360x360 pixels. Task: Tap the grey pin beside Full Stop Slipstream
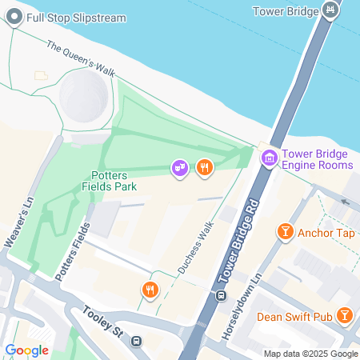coord(12,17)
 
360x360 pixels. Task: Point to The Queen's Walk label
coord(81,58)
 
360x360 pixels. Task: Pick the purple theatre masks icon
coord(180,167)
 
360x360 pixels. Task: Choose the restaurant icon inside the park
coord(205,167)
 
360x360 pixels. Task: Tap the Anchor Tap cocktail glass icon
coord(284,233)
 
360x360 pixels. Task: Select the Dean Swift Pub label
coord(294,316)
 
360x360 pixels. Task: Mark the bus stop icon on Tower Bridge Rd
coord(220,297)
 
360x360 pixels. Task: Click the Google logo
coord(26,350)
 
